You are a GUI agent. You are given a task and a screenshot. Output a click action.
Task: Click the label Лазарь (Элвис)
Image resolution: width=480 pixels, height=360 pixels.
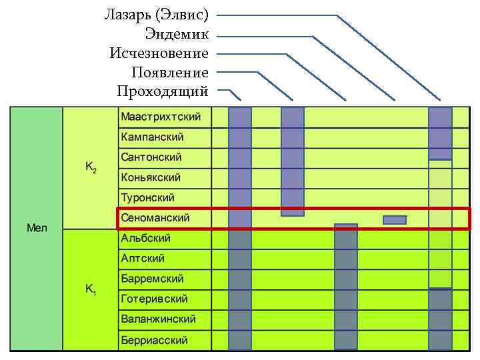(157, 14)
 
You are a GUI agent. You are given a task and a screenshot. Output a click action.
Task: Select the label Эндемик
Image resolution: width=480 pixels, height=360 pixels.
(177, 33)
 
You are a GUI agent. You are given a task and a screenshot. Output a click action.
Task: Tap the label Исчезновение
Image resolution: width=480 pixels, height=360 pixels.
(159, 53)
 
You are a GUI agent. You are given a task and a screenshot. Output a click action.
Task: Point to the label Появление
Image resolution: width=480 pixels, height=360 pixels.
(170, 72)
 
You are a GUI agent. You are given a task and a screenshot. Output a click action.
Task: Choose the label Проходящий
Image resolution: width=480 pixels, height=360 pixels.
(163, 91)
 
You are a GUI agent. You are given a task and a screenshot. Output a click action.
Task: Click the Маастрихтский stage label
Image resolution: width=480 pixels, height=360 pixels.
(161, 117)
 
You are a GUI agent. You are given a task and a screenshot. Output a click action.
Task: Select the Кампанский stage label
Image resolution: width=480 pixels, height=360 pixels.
(152, 137)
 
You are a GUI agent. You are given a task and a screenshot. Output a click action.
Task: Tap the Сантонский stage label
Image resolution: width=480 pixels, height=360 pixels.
(151, 157)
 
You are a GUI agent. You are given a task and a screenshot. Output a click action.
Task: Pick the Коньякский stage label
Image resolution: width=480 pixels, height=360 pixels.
(151, 178)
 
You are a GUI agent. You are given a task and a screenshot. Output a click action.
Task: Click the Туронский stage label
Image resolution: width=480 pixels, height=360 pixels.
(147, 198)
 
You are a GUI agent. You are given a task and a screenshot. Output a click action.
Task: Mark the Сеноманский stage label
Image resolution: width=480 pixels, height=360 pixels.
(155, 218)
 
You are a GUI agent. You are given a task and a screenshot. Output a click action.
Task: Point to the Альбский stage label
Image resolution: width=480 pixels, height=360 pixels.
(145, 238)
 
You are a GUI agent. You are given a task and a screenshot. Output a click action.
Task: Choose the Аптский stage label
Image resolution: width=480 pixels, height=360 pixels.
(142, 258)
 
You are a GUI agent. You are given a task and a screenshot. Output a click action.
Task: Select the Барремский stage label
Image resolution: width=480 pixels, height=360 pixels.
(152, 279)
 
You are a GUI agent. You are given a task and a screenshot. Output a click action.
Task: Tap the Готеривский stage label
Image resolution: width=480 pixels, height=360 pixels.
(154, 299)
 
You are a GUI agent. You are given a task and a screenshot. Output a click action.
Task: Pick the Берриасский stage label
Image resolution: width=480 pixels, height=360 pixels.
(154, 340)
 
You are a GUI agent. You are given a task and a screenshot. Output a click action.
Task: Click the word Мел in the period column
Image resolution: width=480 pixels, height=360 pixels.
(36, 228)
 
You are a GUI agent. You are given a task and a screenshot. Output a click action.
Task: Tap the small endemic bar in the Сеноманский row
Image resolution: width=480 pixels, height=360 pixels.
(395, 220)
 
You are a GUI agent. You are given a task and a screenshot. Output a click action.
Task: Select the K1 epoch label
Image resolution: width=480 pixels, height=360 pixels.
(91, 291)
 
